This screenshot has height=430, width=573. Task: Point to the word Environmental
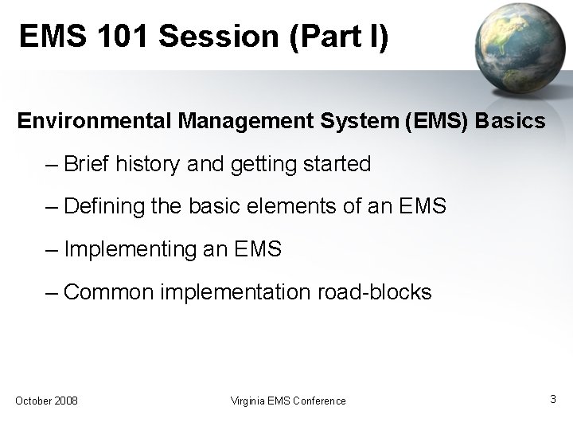point(95,122)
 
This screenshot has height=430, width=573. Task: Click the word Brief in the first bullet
point(88,164)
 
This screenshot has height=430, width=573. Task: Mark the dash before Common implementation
point(53,292)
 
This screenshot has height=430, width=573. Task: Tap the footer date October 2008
point(46,401)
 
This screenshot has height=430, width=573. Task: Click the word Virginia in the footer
point(246,401)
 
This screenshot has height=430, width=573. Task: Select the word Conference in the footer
point(318,401)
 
